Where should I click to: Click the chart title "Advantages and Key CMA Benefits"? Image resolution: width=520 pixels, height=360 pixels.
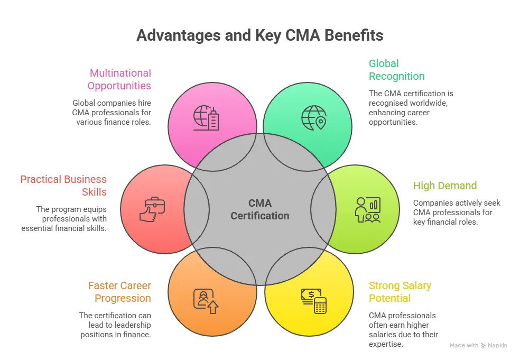click(x=259, y=35)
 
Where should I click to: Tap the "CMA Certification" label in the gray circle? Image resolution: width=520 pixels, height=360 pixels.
click(x=260, y=209)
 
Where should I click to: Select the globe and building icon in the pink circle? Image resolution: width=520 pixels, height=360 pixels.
click(x=206, y=118)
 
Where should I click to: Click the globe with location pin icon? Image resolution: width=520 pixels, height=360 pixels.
click(x=313, y=118)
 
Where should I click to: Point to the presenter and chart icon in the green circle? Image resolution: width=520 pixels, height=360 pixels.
click(x=367, y=209)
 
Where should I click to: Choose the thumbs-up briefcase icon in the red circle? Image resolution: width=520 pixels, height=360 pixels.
click(x=152, y=209)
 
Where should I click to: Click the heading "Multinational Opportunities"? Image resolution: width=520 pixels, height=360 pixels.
click(x=119, y=79)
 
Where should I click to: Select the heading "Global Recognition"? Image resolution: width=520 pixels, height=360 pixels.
click(x=396, y=70)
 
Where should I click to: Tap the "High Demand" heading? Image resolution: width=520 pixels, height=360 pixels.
click(x=445, y=186)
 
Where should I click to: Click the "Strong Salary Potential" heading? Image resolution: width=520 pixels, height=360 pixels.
click(x=400, y=292)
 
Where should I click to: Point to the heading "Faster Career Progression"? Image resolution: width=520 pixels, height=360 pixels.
click(x=119, y=292)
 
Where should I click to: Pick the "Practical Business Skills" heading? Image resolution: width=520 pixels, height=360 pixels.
click(x=63, y=186)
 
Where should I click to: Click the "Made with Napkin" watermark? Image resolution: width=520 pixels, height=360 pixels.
click(x=478, y=345)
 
